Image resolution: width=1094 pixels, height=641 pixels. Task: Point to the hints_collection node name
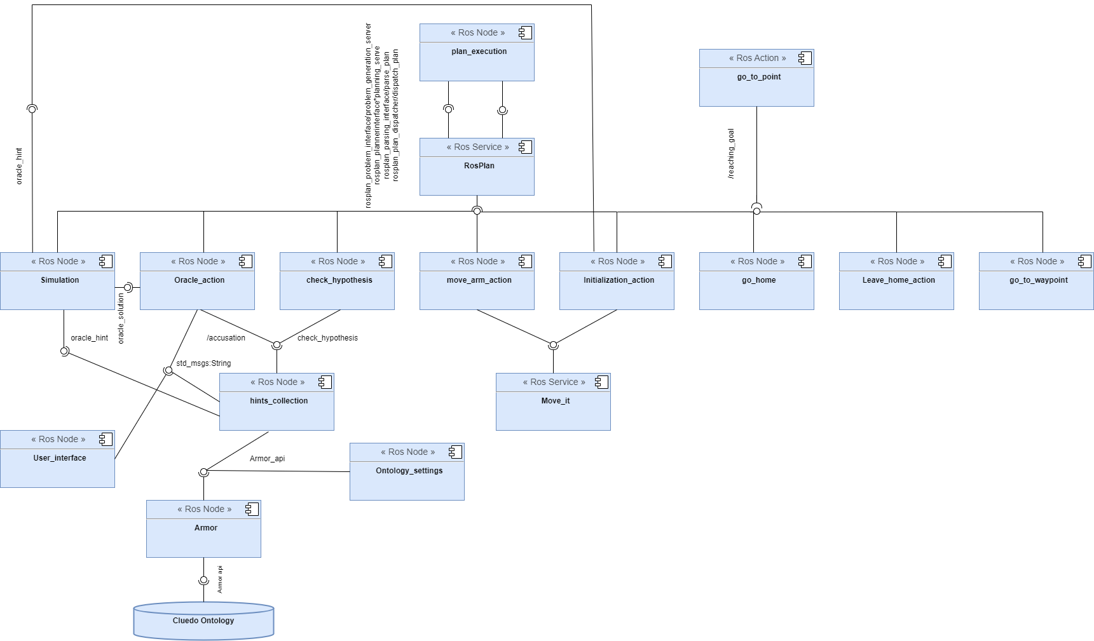pyautogui.click(x=278, y=401)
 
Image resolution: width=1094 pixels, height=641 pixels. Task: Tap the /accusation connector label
pyautogui.click(x=226, y=338)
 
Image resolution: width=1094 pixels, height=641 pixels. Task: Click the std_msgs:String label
pyautogui.click(x=203, y=363)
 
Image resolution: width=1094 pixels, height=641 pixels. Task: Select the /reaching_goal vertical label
pyautogui.click(x=731, y=154)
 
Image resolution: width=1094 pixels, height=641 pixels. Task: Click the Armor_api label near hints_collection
pyautogui.click(x=267, y=459)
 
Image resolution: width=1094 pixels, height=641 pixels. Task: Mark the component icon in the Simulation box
pyautogui.click(x=106, y=261)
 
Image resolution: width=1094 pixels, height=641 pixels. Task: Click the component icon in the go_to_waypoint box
pyautogui.click(x=1084, y=261)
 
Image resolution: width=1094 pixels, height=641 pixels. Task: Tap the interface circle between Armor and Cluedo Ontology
pyautogui.click(x=203, y=581)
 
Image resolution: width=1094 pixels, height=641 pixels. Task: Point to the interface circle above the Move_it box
pyautogui.click(x=553, y=345)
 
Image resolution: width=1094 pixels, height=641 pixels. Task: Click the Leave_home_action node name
pyautogui.click(x=898, y=280)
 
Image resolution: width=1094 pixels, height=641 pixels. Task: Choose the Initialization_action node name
pyautogui.click(x=619, y=280)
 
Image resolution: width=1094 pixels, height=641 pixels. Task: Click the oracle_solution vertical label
pyautogui.click(x=121, y=318)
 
